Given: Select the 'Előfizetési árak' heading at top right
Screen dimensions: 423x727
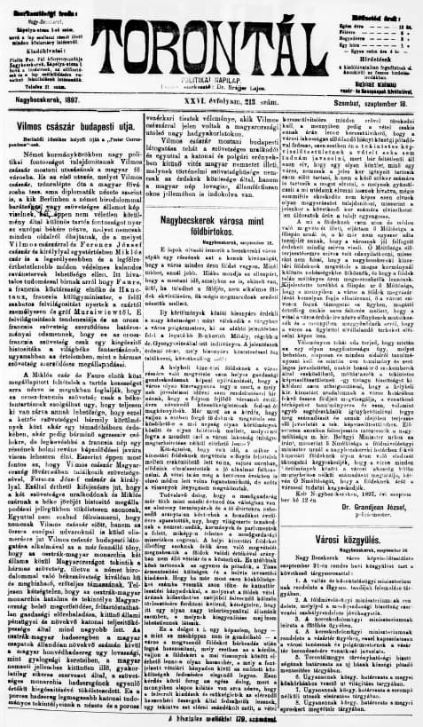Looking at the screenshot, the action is coord(373,6).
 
